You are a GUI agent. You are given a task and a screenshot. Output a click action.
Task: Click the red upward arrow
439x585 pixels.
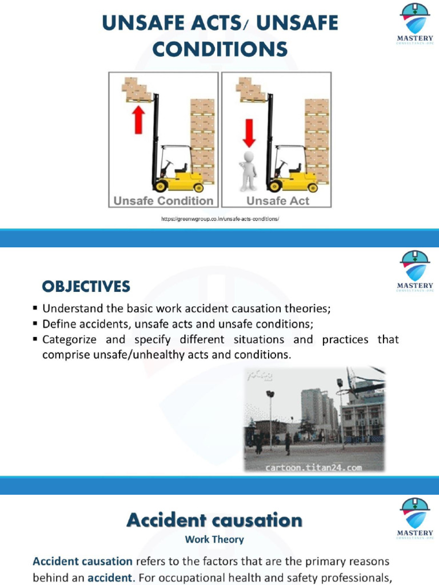pos(138,120)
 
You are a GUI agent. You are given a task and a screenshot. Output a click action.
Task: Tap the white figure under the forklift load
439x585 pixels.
pos(248,170)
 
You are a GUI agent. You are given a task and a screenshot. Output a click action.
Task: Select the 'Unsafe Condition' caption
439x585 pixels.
pos(163,201)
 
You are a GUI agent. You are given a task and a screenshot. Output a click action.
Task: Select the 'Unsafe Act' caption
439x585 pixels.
pos(278,201)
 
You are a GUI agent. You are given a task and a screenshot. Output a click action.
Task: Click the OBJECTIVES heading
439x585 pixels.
pos(86,286)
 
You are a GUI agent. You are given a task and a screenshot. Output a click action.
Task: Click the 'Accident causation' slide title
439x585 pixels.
pos(214,520)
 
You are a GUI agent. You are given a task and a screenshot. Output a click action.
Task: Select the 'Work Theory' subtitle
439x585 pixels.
pos(214,539)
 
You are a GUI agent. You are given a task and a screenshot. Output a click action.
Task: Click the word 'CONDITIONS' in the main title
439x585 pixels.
pos(219,50)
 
